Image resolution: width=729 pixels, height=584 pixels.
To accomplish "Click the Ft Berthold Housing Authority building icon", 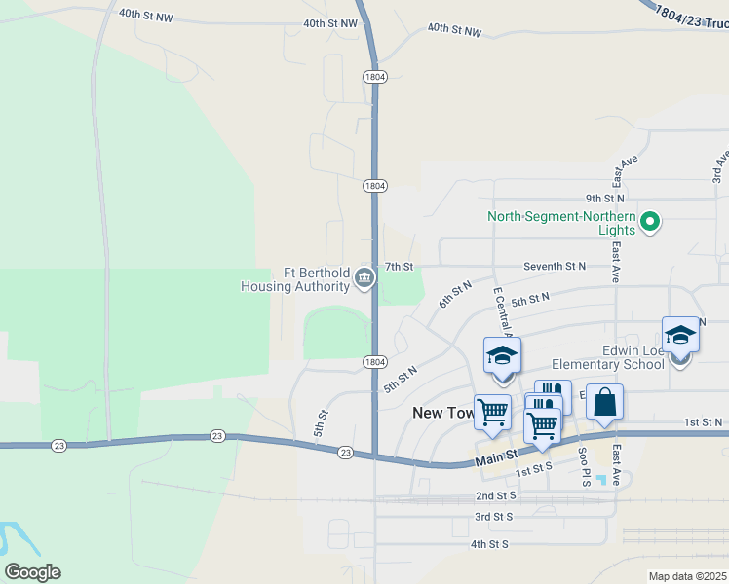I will pos(364,279).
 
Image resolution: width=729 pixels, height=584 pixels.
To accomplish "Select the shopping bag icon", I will pos(604,402).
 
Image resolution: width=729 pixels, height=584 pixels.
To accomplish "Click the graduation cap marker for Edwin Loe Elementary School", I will pos(680,337).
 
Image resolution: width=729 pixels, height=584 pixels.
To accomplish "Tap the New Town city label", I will pos(442,413).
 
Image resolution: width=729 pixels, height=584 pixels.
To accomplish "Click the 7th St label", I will pos(400,266).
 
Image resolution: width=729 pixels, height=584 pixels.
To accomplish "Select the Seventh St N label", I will pos(555,266).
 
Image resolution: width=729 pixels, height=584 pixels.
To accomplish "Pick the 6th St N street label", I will pos(454,294).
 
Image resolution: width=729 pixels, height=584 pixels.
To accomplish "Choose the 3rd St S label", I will pos(494,516).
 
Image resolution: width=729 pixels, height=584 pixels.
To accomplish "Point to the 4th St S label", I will pos(490,543).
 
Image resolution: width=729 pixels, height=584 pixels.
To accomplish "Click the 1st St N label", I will pos(703,421).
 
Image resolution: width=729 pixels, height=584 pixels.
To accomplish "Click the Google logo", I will pos(32,571).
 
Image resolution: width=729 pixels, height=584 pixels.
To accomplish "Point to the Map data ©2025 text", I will pos(688,576).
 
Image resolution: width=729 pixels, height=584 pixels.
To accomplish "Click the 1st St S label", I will pos(534,470).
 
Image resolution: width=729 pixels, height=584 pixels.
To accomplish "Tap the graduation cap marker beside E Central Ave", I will pos(502,356).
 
